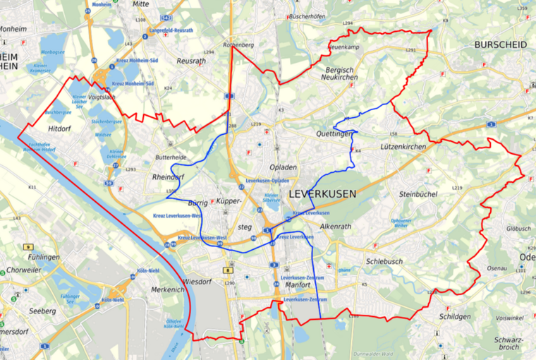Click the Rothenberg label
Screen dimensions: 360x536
click(238, 45)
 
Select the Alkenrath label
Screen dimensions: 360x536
click(335, 227)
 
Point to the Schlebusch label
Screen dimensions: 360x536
click(384, 261)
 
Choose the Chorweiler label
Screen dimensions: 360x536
click(24, 270)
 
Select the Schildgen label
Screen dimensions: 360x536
click(455, 316)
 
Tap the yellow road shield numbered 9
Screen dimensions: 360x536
click(28, 246)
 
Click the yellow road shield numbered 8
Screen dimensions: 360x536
click(229, 270)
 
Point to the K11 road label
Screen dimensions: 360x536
click(32, 187)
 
